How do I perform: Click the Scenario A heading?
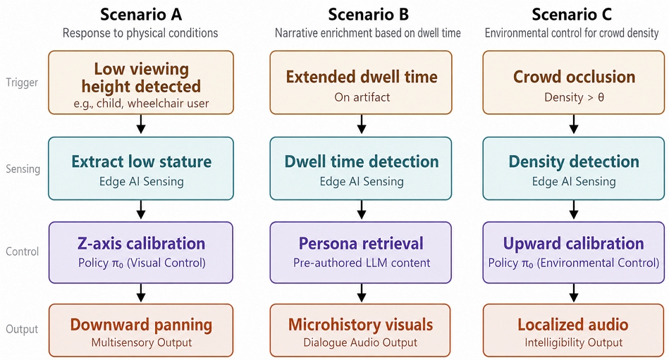click(x=141, y=15)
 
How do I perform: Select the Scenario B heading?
click(x=368, y=15)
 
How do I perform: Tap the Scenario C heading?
click(x=572, y=15)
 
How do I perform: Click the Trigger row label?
click(x=22, y=82)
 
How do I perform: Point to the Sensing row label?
click(x=23, y=169)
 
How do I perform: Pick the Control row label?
click(x=22, y=252)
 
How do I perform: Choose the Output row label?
click(x=22, y=329)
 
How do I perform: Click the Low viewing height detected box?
click(x=141, y=82)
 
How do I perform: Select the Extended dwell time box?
click(x=361, y=82)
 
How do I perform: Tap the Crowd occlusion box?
click(x=574, y=82)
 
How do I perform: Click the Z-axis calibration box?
click(x=141, y=252)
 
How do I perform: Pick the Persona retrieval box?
click(x=361, y=252)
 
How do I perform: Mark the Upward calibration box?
click(x=574, y=252)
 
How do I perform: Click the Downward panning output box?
click(x=141, y=330)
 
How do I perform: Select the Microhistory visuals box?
click(x=360, y=330)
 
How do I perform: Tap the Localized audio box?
click(x=574, y=330)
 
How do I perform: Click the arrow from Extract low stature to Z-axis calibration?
click(x=141, y=210)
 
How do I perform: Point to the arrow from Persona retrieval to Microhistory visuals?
click(x=362, y=293)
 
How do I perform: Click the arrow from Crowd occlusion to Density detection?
click(x=574, y=125)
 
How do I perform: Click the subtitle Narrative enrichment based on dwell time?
click(x=368, y=33)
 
